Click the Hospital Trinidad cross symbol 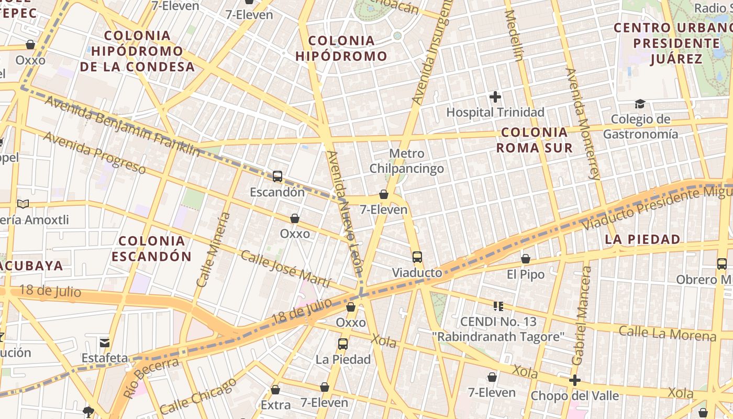pos(495,97)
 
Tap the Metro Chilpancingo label pos(407,161)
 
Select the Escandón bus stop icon pos(277,177)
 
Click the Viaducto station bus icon pos(417,257)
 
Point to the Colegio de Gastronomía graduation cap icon pos(640,104)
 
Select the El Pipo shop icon pos(526,259)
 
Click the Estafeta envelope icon pos(105,343)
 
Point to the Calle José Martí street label pos(285,269)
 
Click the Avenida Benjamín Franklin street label pos(122,126)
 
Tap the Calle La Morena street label pos(667,333)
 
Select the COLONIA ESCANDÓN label pos(151,249)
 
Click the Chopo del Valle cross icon pos(575,380)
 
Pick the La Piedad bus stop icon pos(343,344)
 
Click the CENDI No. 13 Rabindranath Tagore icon pos(498,306)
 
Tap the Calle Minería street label pos(213,249)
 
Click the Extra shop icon pos(275,390)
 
